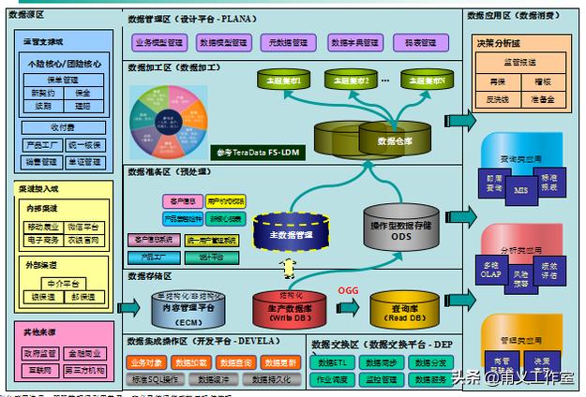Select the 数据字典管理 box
coord(354,43)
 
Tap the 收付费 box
coord(62,127)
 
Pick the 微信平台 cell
coord(83,227)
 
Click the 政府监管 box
coord(38,354)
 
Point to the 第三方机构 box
coord(84,372)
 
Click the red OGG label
coord(348,290)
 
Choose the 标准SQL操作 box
coord(157,379)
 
